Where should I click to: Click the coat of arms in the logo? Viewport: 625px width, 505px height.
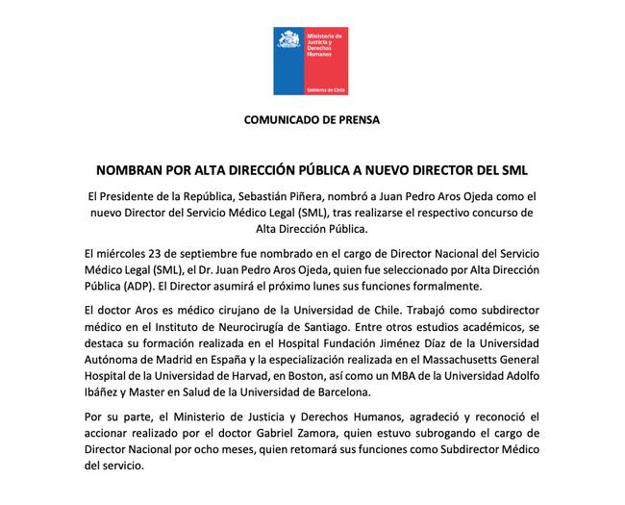click(x=287, y=38)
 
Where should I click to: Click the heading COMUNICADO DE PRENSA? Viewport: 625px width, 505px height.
click(x=312, y=121)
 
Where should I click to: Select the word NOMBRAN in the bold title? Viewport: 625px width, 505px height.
click(x=131, y=170)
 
